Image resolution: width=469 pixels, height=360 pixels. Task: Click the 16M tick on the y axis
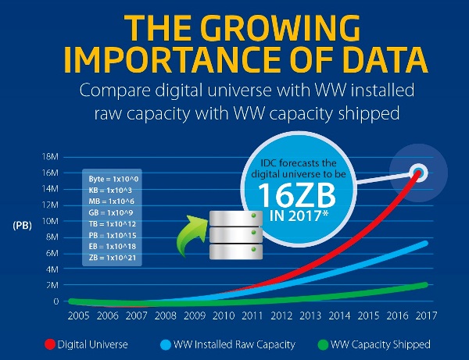click(x=48, y=173)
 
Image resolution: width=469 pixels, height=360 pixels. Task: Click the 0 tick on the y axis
click(x=55, y=301)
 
